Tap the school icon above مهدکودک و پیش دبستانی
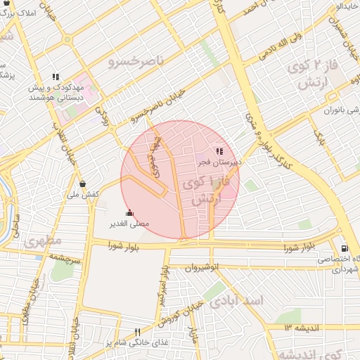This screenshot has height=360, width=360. (x=55, y=77)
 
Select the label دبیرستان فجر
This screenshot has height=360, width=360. (x=218, y=162)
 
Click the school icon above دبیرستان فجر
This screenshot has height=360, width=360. (x=219, y=150)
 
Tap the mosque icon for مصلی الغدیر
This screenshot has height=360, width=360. (x=128, y=212)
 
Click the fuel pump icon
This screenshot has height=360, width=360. (x=343, y=248)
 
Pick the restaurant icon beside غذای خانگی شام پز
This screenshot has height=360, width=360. (x=137, y=332)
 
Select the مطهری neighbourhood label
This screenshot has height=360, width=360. (x=43, y=241)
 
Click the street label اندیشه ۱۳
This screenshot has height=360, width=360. (x=302, y=327)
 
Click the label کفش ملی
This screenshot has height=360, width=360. (x=83, y=194)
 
